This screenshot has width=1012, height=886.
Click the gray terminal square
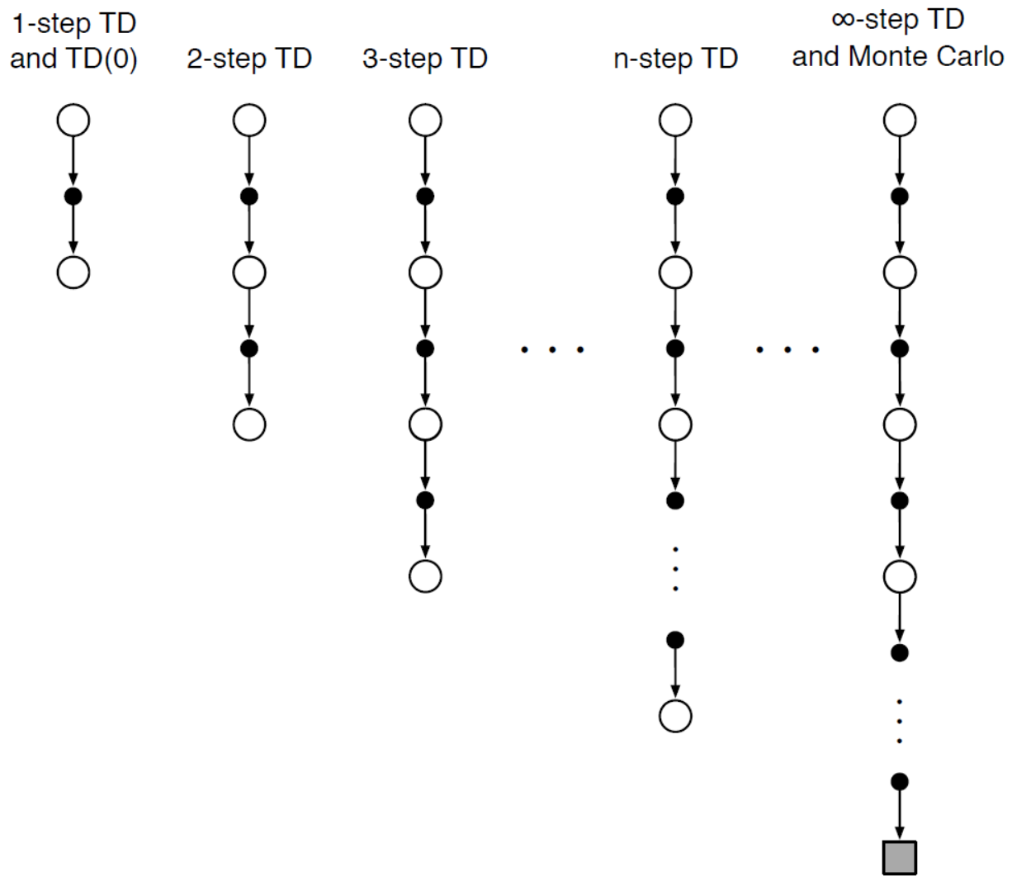(899, 857)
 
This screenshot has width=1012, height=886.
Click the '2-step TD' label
(248, 59)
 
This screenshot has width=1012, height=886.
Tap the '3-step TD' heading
(424, 59)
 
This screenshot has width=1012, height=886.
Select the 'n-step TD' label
(675, 59)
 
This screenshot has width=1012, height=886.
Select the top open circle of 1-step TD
(73, 121)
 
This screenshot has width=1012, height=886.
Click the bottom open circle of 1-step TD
(73, 272)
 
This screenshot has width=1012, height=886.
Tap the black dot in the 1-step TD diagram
(73, 197)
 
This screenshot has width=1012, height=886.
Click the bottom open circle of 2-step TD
(248, 424)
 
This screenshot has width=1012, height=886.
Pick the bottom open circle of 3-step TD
(424, 576)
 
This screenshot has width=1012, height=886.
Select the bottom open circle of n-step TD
(675, 716)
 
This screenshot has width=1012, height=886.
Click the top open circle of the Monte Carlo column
(899, 121)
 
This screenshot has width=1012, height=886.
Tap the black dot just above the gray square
(899, 781)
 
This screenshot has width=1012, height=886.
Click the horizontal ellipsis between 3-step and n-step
(552, 350)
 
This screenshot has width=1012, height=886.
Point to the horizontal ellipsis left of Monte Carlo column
(787, 350)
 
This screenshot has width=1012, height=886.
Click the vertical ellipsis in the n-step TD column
(675, 569)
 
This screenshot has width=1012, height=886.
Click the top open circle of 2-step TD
(248, 121)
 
